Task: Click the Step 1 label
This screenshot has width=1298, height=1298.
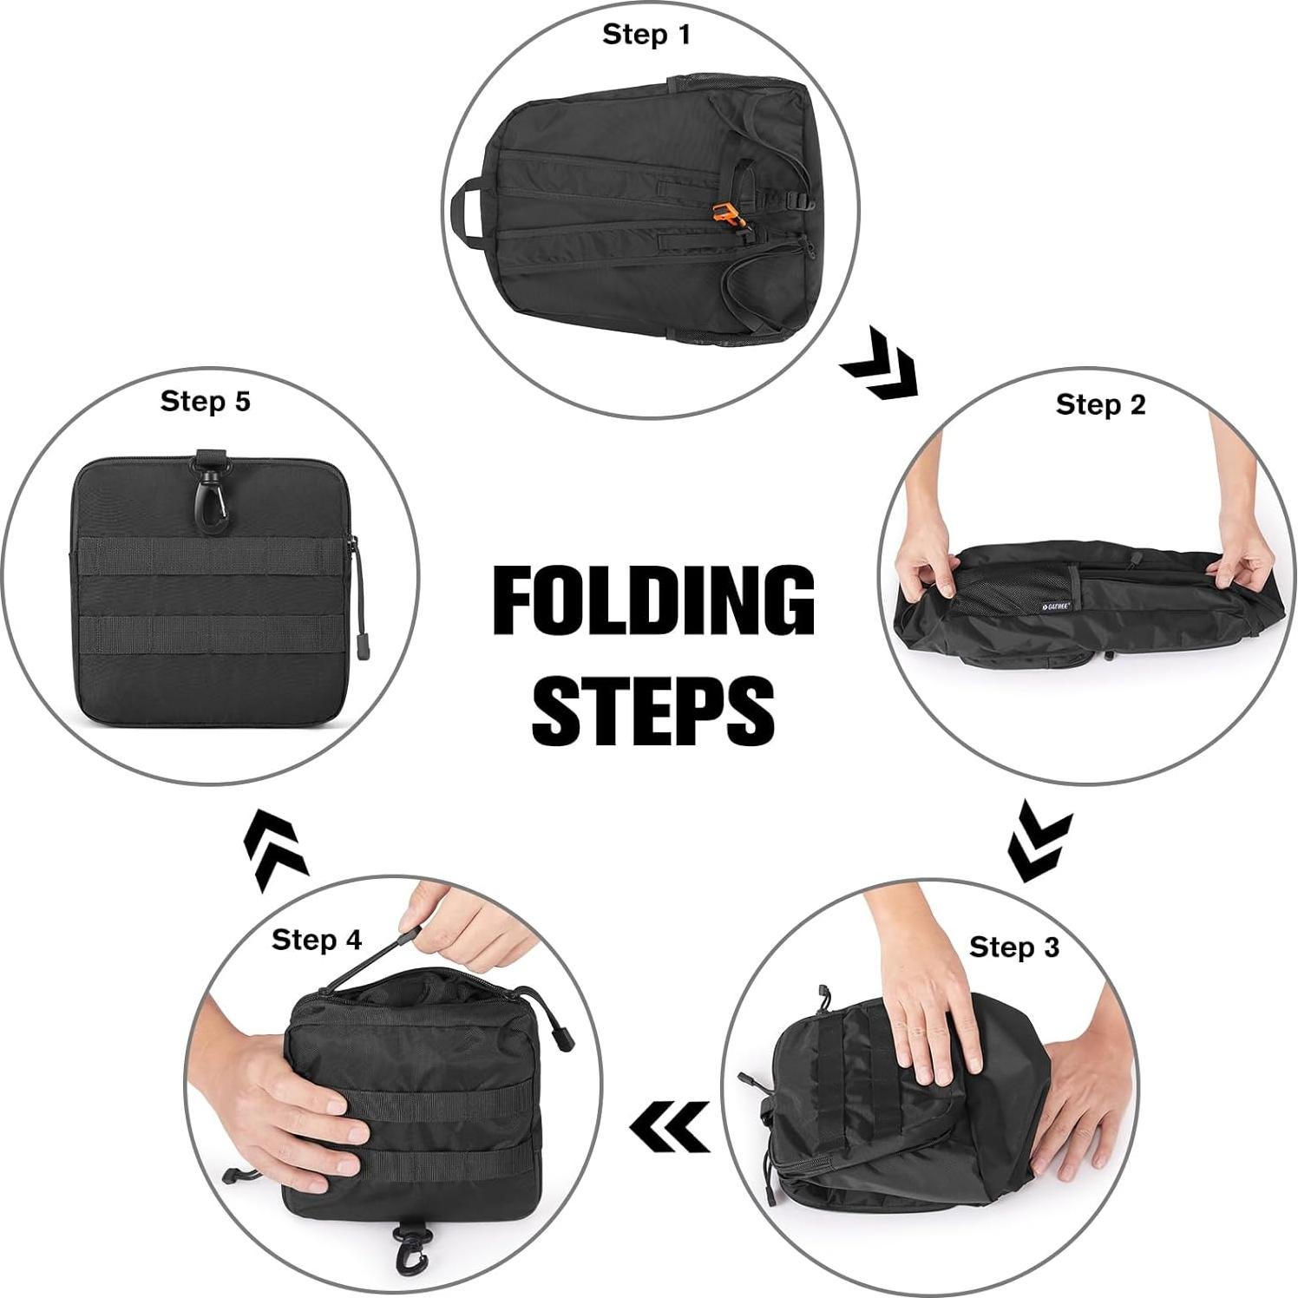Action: [646, 35]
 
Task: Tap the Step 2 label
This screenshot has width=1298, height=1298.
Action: [1100, 404]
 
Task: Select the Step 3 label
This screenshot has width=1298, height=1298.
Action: [1013, 947]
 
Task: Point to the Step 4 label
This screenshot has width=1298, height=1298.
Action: [316, 940]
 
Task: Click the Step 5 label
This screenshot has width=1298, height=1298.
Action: [205, 401]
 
